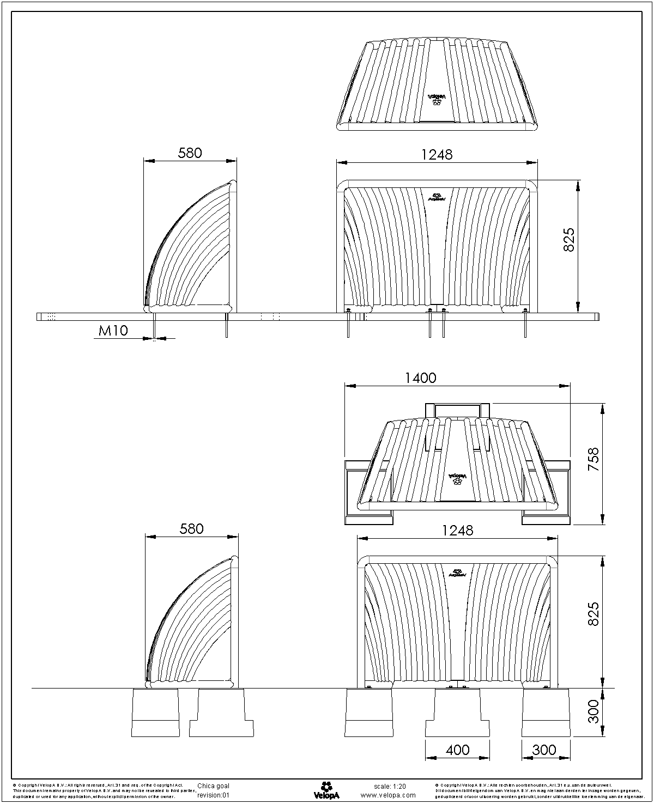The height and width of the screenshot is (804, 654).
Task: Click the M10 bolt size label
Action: [x=113, y=330]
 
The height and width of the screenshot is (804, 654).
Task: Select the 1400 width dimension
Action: [x=421, y=377]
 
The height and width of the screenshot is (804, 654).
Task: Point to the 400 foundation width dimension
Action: [x=457, y=750]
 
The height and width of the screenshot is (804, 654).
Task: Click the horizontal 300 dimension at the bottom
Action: [x=544, y=750]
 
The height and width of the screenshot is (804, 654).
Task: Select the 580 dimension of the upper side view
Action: [x=190, y=153]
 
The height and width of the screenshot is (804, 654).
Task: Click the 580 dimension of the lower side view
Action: [x=191, y=528]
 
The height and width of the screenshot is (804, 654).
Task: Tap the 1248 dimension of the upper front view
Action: [x=437, y=154]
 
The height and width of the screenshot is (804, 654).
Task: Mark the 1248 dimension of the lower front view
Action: [x=457, y=530]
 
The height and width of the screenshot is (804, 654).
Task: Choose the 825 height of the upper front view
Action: [x=568, y=240]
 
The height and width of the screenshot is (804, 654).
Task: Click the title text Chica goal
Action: [x=213, y=786]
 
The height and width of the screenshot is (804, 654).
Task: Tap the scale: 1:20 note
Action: [x=390, y=786]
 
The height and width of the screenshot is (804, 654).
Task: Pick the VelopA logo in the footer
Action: [x=326, y=790]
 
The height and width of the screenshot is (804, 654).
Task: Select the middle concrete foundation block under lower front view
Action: [x=457, y=712]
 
